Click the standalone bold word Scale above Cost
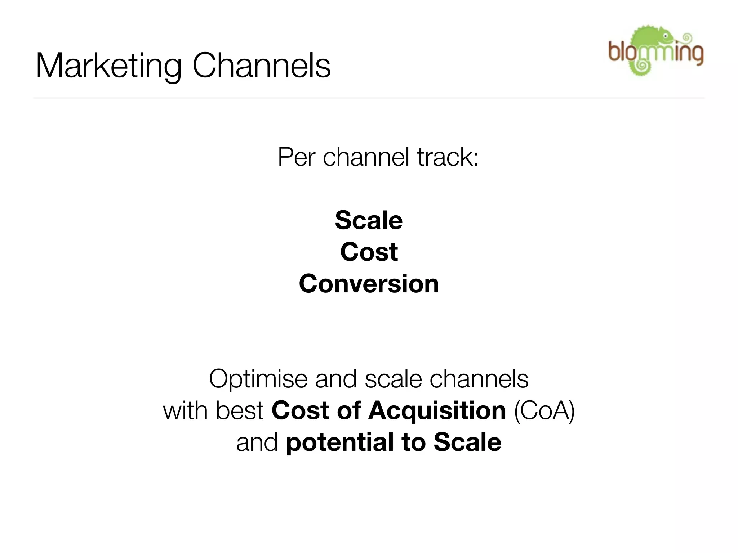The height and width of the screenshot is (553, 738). [x=369, y=220]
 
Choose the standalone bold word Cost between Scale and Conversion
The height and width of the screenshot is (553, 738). [x=369, y=252]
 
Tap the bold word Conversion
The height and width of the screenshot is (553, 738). [x=369, y=284]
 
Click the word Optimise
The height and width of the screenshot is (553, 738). [x=258, y=379]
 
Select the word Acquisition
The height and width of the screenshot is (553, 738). [x=437, y=410]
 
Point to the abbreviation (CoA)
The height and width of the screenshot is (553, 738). [x=544, y=410]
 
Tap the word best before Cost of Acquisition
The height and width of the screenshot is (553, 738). [x=240, y=410]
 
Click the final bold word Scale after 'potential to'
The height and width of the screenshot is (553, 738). [x=467, y=442]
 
